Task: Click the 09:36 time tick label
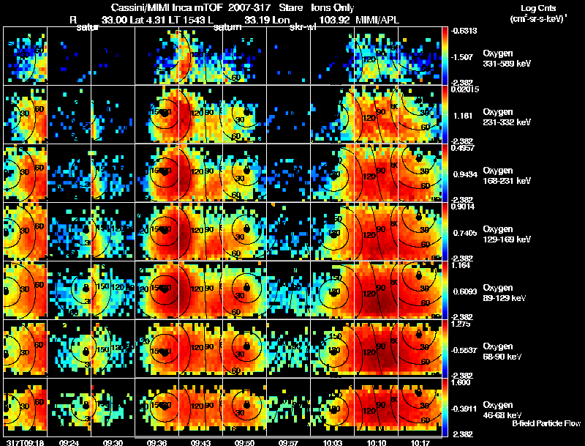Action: (x=156, y=442)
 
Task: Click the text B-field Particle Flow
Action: (x=546, y=423)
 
